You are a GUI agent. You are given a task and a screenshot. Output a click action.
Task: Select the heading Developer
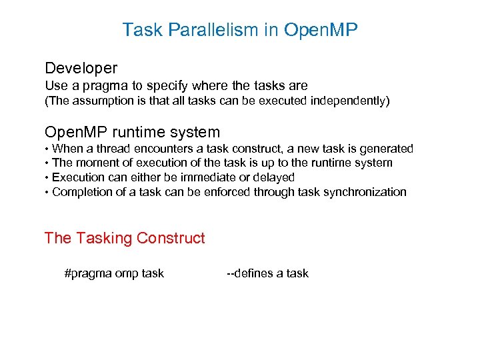pyautogui.click(x=81, y=68)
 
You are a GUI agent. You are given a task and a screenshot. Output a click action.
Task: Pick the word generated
pyautogui.click(x=387, y=149)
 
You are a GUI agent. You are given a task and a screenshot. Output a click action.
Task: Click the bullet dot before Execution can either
pyautogui.click(x=47, y=178)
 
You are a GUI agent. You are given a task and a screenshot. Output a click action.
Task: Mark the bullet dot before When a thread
pyautogui.click(x=47, y=149)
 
